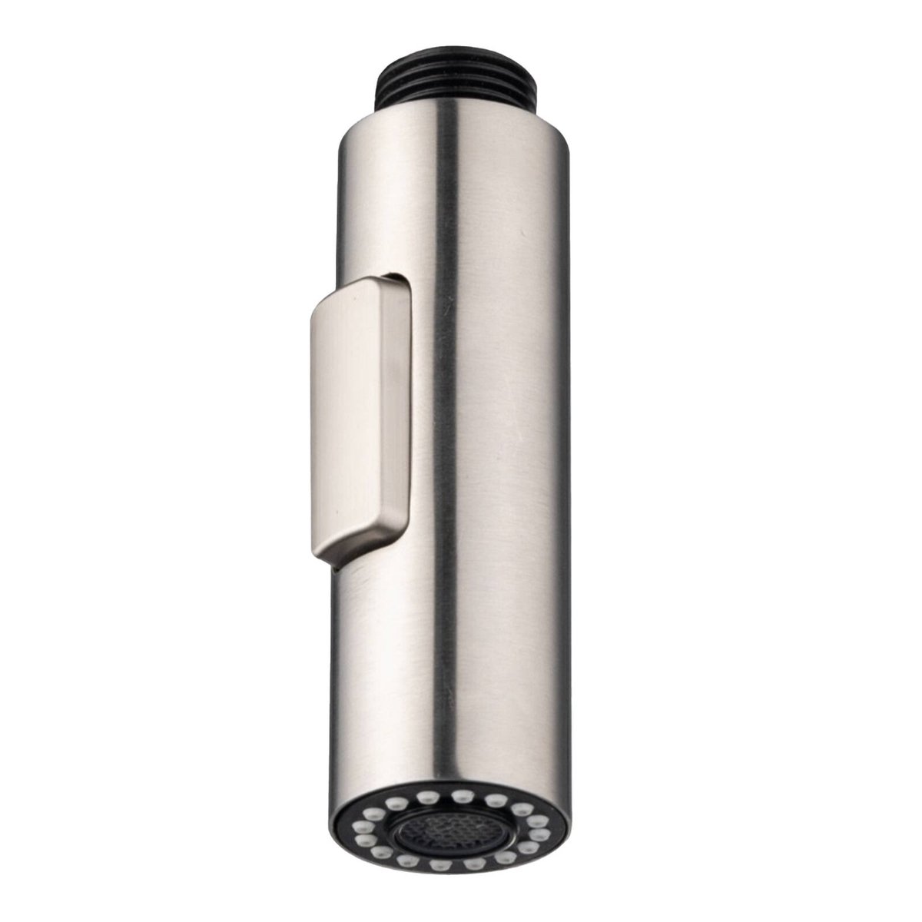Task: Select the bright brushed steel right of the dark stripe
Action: [x=522, y=461]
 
